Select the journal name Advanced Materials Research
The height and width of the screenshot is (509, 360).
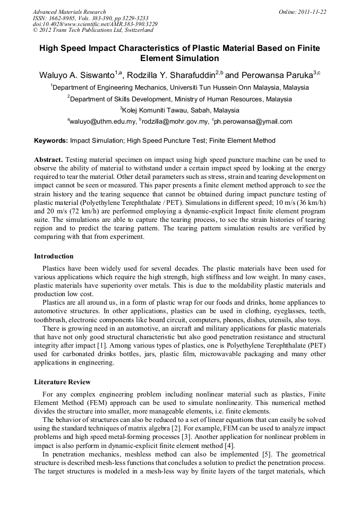[x=70, y=12]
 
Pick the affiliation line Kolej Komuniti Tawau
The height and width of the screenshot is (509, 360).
[x=181, y=110]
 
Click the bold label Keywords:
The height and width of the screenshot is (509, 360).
[x=51, y=141]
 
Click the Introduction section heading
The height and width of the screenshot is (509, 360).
[x=54, y=256]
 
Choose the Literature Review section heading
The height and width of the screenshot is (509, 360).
[x=62, y=382]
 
